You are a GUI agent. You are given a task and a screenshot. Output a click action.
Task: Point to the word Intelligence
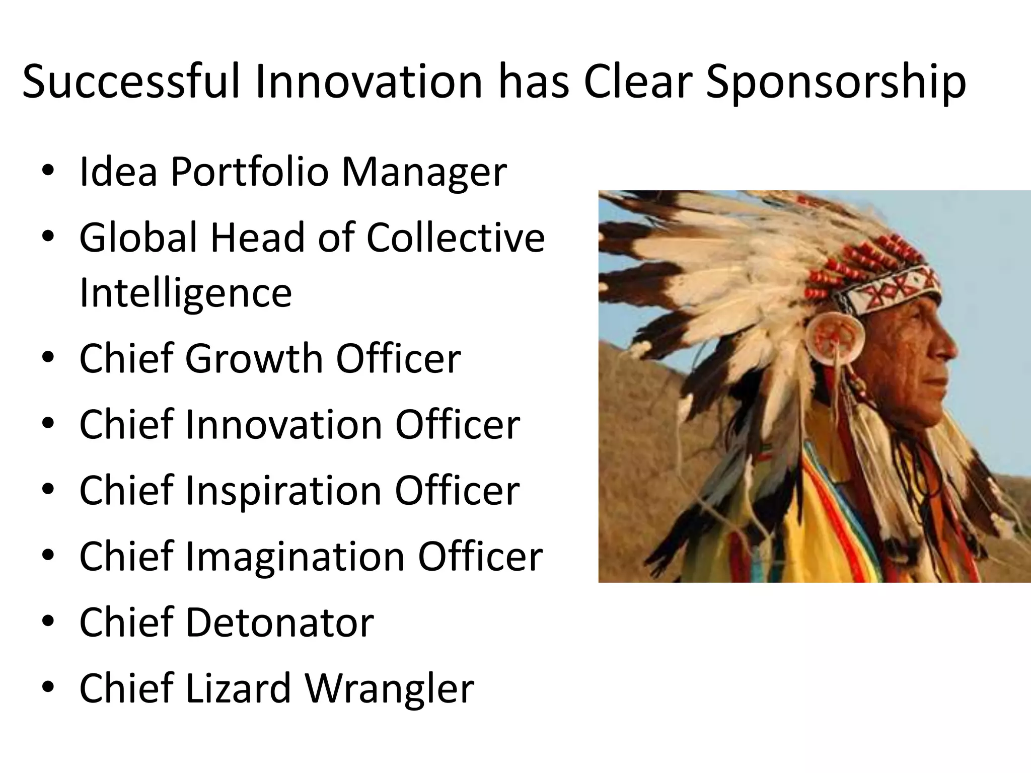pyautogui.click(x=186, y=293)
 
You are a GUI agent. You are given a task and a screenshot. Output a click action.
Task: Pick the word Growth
pyautogui.click(x=254, y=358)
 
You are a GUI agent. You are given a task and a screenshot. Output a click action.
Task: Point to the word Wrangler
pyautogui.click(x=390, y=689)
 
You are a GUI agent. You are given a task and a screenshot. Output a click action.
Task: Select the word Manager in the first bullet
pyautogui.click(x=424, y=172)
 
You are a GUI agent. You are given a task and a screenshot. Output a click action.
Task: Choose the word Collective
pyautogui.click(x=455, y=238)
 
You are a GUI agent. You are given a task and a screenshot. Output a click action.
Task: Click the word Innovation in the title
pyautogui.click(x=370, y=82)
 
